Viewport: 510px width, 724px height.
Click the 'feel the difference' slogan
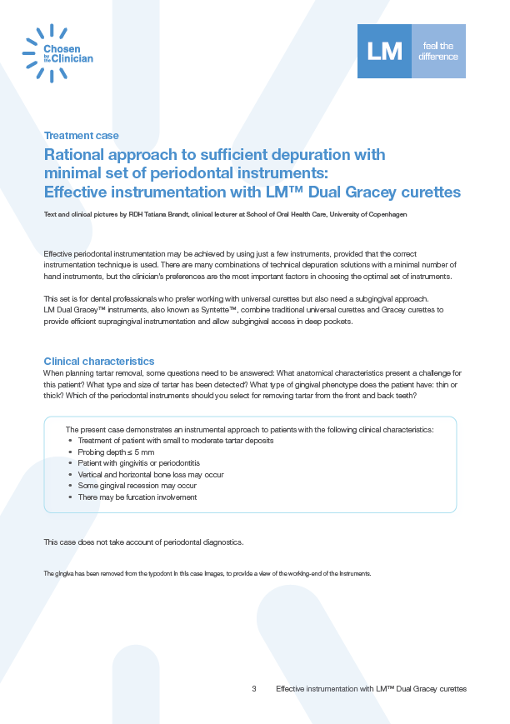(x=439, y=52)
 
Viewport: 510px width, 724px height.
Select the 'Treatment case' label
(x=81, y=135)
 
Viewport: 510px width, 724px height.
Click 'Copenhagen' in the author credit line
(x=385, y=215)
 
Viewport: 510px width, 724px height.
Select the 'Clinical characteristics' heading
(x=98, y=362)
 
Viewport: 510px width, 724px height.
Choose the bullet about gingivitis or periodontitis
(x=138, y=462)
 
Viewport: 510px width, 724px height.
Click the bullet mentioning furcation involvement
(x=137, y=497)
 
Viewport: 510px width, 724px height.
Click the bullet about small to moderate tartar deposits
(x=175, y=440)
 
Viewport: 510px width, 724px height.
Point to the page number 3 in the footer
(x=254, y=690)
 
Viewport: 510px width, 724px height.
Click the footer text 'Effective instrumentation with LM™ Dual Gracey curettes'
(x=371, y=690)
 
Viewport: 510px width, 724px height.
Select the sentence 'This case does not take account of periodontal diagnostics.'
(x=143, y=542)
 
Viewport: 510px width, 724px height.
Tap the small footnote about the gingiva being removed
(x=207, y=574)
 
